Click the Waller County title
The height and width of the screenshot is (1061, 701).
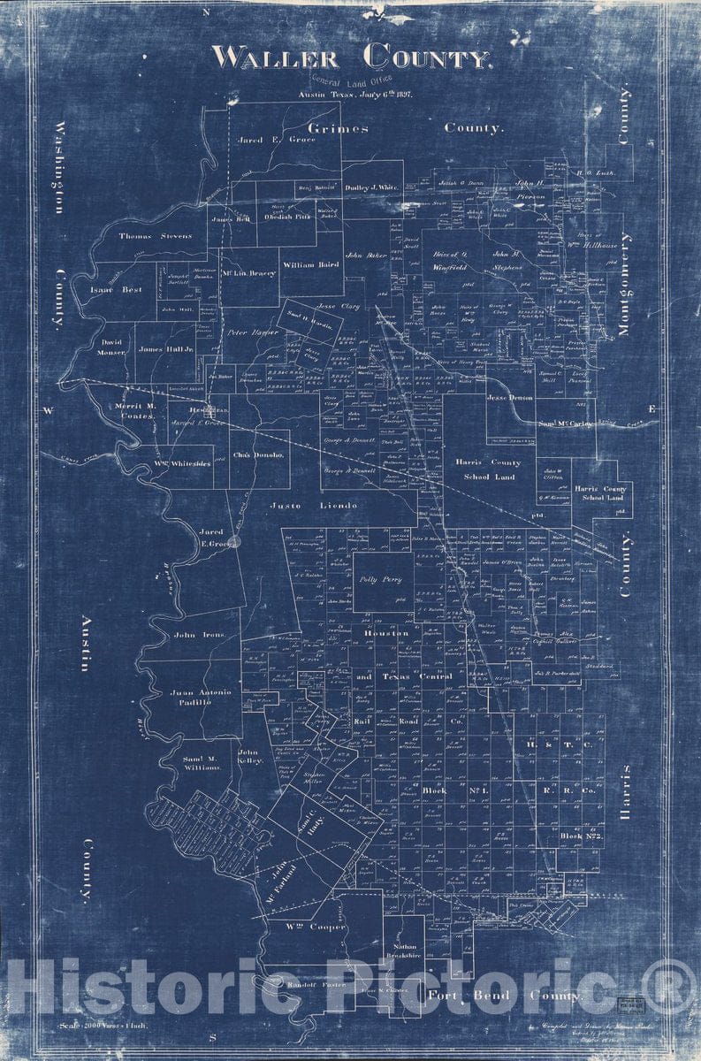point(351,58)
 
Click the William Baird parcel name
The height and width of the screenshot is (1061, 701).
point(310,264)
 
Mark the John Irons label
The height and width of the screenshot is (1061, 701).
point(193,635)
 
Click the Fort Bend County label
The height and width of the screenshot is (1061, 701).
point(505,996)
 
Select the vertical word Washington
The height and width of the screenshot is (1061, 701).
point(60,168)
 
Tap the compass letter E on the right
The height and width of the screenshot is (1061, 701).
point(652,408)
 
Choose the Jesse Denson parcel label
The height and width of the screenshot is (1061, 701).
point(510,399)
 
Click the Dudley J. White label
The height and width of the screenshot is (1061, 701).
point(370,187)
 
